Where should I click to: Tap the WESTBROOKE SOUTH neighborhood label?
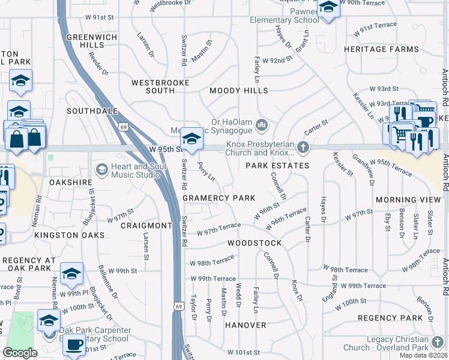[160, 86]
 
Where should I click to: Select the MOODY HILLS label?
[238, 91]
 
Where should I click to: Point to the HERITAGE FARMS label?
[381, 49]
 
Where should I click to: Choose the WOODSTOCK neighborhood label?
[255, 243]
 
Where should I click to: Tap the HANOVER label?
[246, 325]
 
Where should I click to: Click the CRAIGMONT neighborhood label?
[146, 226]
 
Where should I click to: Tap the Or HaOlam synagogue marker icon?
[261, 125]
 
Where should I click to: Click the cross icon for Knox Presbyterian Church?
[304, 147]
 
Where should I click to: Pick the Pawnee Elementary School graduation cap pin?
[328, 8]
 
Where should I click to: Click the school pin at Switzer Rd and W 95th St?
[191, 139]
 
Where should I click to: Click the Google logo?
[20, 353]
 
